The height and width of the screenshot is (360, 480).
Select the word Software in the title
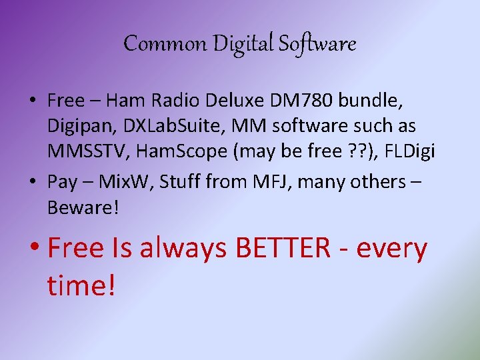click(x=318, y=44)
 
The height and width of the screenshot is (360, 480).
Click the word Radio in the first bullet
click(x=178, y=101)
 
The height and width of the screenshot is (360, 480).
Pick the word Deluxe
click(x=239, y=101)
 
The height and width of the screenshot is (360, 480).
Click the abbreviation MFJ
click(x=256, y=182)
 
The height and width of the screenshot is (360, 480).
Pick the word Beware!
click(x=83, y=207)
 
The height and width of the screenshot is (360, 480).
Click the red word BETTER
click(x=283, y=248)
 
